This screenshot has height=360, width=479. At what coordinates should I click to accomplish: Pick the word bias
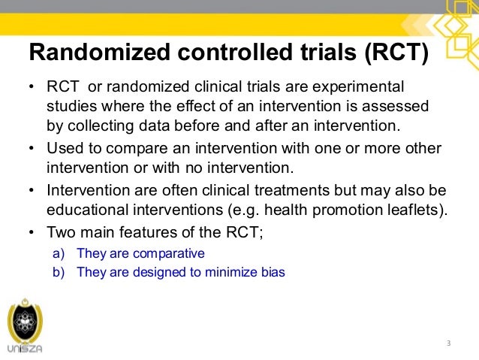pos(272,272)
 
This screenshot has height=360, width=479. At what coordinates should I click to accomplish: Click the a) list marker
pos(57,253)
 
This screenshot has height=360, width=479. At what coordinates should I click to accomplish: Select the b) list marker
pos(57,272)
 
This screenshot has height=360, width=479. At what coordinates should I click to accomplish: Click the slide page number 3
pos(447,343)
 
